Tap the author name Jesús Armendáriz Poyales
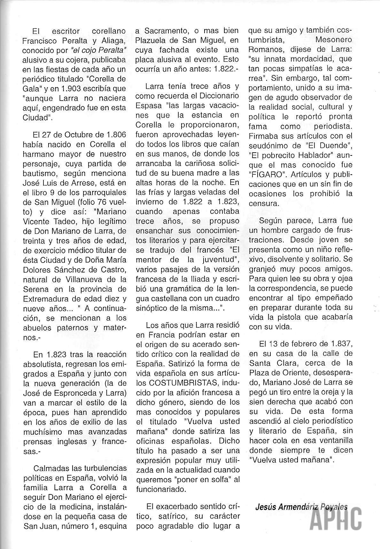[x=302, y=506]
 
